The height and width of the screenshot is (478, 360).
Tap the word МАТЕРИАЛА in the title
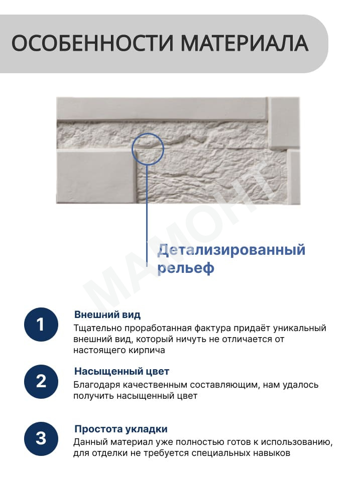[245, 44]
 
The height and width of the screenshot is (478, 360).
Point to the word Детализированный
[231, 250]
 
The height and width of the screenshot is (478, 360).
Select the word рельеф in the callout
[186, 268]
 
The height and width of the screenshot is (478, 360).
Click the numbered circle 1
[41, 325]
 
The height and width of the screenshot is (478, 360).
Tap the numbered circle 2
[41, 381]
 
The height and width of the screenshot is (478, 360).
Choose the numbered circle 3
[41, 439]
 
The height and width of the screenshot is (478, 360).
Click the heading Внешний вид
[107, 314]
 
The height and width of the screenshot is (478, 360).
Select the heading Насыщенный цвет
[122, 371]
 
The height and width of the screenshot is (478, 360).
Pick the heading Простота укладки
[121, 429]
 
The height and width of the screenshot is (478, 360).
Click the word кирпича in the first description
[147, 350]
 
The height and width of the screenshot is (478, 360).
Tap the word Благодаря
[97, 385]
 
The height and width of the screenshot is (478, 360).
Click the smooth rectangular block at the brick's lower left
[96, 176]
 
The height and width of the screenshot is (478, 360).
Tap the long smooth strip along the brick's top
[162, 108]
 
